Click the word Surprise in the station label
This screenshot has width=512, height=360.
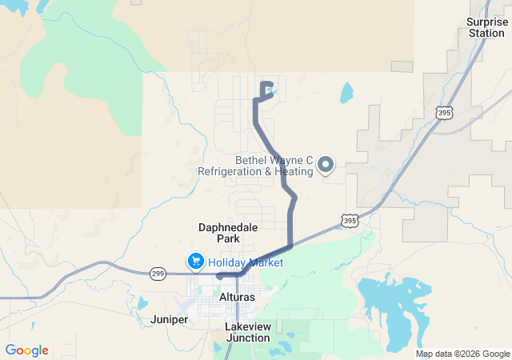click(487, 22)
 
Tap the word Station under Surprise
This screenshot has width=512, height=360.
click(487, 33)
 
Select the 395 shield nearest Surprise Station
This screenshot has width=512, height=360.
click(445, 113)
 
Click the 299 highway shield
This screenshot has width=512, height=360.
click(157, 274)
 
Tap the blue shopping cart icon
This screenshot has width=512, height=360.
click(195, 262)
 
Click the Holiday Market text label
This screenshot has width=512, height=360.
click(246, 262)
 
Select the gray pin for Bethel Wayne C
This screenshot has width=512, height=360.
click(326, 165)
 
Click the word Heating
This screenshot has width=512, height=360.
click(293, 171)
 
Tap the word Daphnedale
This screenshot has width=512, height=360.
click(228, 227)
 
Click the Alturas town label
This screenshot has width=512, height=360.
click(237, 297)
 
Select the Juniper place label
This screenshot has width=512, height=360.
click(169, 319)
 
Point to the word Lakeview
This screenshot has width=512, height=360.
click(247, 327)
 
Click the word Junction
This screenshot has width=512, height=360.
click(247, 338)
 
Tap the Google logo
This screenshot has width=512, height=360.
click(26, 350)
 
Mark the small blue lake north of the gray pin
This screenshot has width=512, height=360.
click(346, 93)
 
